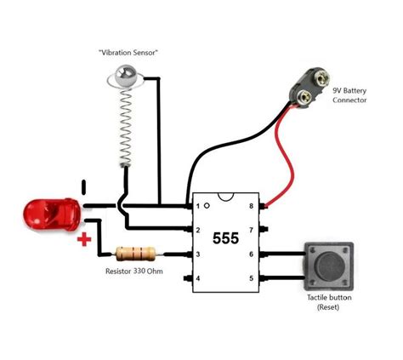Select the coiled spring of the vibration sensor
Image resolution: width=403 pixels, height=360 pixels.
tap(125, 127)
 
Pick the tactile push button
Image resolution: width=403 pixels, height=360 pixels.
tap(327, 265)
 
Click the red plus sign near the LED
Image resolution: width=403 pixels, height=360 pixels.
tap(84, 241)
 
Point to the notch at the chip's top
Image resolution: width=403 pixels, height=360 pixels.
tap(225, 196)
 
